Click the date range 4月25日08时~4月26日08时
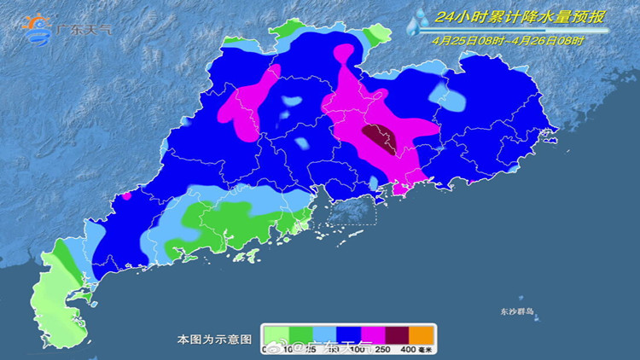tap(508, 39)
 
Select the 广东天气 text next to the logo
tap(84, 30)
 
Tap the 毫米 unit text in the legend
tap(427, 349)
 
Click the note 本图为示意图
tap(214, 340)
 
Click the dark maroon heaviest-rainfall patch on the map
tap(379, 137)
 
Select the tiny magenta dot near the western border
tap(126, 195)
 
